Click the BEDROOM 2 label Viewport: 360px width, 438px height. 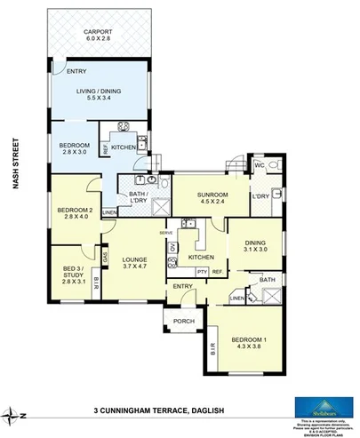(71, 211)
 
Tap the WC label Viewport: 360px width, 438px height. (260, 165)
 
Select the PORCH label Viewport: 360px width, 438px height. (183, 321)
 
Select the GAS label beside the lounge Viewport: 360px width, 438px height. (105, 257)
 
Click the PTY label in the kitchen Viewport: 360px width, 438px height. (202, 272)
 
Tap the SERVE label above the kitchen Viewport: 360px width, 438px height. (165, 233)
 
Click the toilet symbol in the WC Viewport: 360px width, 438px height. (276, 166)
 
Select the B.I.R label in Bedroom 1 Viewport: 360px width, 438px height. (213, 349)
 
